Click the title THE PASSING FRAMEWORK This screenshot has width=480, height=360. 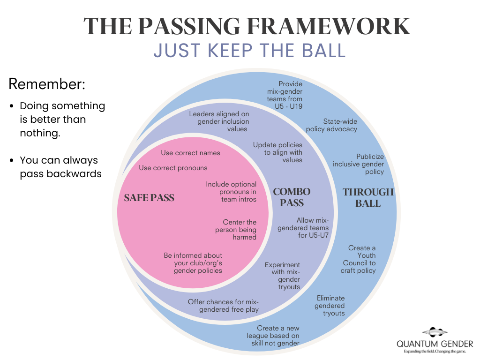coord(247,26)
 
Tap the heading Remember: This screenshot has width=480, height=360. coord(47,84)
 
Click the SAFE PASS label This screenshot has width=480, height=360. coord(149,198)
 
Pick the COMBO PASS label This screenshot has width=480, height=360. coord(292,197)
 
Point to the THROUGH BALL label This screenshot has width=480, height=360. coord(368,197)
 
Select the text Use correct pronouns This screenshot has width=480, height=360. coord(173,168)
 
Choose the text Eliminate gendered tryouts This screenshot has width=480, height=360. coord(330,306)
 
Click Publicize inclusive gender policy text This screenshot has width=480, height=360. coord(359,164)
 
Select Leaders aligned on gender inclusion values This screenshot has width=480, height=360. coord(219,121)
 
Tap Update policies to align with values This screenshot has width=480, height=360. coord(278,152)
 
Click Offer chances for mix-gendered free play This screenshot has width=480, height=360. coord(223,306)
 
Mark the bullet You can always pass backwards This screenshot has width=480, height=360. coord(60,167)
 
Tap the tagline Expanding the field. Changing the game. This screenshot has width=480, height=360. coord(435,351)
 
